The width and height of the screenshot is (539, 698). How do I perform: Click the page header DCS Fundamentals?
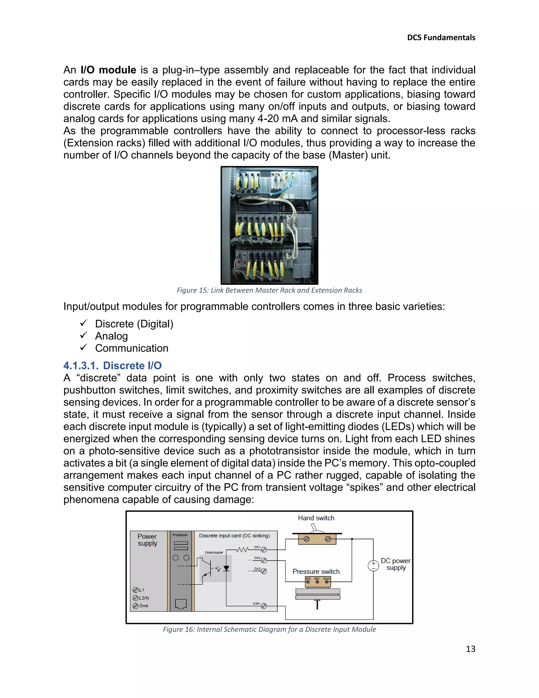(x=441, y=38)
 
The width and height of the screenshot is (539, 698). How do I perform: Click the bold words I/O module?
(x=108, y=70)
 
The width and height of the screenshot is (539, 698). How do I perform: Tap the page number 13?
(x=470, y=649)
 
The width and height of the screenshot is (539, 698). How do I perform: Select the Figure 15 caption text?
(x=269, y=290)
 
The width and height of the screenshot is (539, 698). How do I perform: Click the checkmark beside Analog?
(x=84, y=335)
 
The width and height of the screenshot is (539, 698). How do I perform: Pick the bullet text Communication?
(x=132, y=348)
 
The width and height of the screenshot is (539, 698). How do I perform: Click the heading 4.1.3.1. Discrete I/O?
(x=112, y=365)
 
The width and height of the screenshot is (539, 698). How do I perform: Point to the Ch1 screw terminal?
(x=264, y=550)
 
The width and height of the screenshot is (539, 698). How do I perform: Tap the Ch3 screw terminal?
(x=264, y=571)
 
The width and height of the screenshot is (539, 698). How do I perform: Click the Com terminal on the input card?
(x=264, y=606)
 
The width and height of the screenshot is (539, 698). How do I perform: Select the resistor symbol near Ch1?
(x=242, y=550)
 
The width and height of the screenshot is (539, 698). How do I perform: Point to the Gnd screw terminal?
(x=135, y=606)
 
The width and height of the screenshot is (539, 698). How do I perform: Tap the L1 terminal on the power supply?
(x=135, y=590)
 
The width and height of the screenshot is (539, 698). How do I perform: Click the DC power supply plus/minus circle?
(x=373, y=566)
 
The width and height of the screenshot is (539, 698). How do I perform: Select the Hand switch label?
(x=316, y=518)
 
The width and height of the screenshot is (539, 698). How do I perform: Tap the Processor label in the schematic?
(x=180, y=535)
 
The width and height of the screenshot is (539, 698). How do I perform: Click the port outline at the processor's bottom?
(x=181, y=604)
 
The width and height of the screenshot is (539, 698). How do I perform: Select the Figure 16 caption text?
(x=269, y=629)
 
